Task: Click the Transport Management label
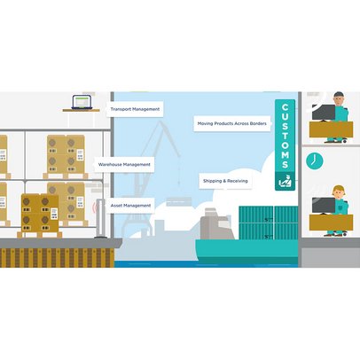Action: [135, 109]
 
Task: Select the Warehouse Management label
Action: [124, 164]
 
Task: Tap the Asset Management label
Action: [130, 206]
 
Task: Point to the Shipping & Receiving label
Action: [225, 181]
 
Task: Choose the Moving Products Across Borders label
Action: [232, 123]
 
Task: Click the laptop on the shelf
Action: [82, 102]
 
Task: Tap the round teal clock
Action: [315, 161]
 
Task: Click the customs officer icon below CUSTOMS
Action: [285, 182]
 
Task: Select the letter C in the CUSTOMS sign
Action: [285, 107]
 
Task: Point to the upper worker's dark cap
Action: [339, 95]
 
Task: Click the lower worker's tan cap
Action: [339, 188]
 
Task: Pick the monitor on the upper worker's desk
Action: [324, 113]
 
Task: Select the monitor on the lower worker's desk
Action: [324, 206]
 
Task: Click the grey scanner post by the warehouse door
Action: [100, 218]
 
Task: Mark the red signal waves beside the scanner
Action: [95, 207]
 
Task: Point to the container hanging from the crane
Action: [179, 201]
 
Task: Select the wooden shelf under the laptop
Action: [82, 110]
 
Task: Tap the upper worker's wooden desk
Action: [331, 129]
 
